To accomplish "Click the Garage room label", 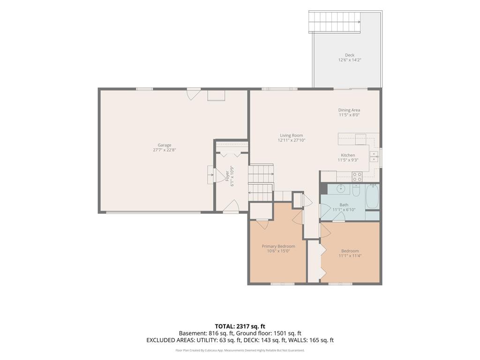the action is pyautogui.click(x=165, y=145).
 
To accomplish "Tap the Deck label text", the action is pyautogui.click(x=350, y=55).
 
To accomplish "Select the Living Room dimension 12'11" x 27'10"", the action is pyautogui.click(x=292, y=140).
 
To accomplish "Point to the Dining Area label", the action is pyautogui.click(x=349, y=110).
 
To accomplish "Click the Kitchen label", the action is pyautogui.click(x=348, y=155).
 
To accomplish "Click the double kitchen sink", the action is pyautogui.click(x=374, y=156).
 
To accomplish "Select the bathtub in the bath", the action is pyautogui.click(x=372, y=196).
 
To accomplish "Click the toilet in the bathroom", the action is pyautogui.click(x=356, y=190).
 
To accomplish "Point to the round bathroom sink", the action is pyautogui.click(x=340, y=188).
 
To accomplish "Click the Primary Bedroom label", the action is pyautogui.click(x=278, y=246).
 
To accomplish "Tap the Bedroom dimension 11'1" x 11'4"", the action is pyautogui.click(x=350, y=255).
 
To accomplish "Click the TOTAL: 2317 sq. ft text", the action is pyautogui.click(x=238, y=326).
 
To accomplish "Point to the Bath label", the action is pyautogui.click(x=344, y=205).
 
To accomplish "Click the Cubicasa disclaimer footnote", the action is pyautogui.click(x=240, y=350).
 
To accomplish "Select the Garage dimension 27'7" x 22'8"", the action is pyautogui.click(x=165, y=150).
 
